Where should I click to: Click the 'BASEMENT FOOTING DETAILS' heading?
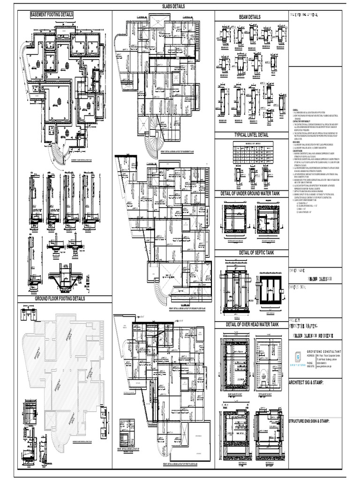coord(52,15)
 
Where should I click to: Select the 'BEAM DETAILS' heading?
coord(249,17)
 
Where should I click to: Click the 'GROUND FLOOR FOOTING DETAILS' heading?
coord(60,298)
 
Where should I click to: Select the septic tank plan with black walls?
coord(270,286)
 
